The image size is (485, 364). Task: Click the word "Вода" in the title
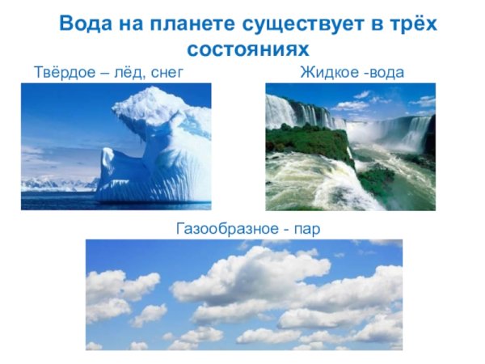click(x=87, y=23)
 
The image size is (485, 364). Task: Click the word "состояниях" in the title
click(x=243, y=49)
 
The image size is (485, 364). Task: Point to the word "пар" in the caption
click(x=306, y=229)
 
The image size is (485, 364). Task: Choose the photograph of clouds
click(x=243, y=294)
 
